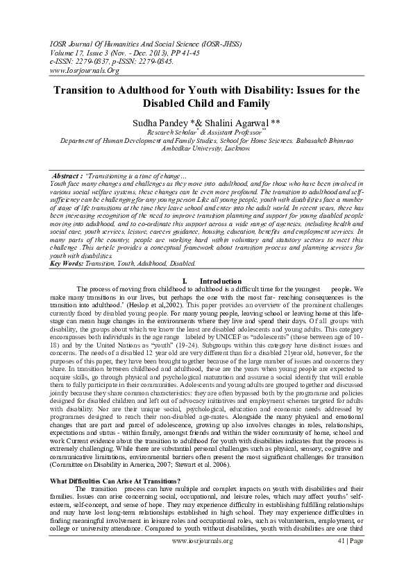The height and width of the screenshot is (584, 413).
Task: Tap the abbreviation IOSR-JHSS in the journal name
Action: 216,43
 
